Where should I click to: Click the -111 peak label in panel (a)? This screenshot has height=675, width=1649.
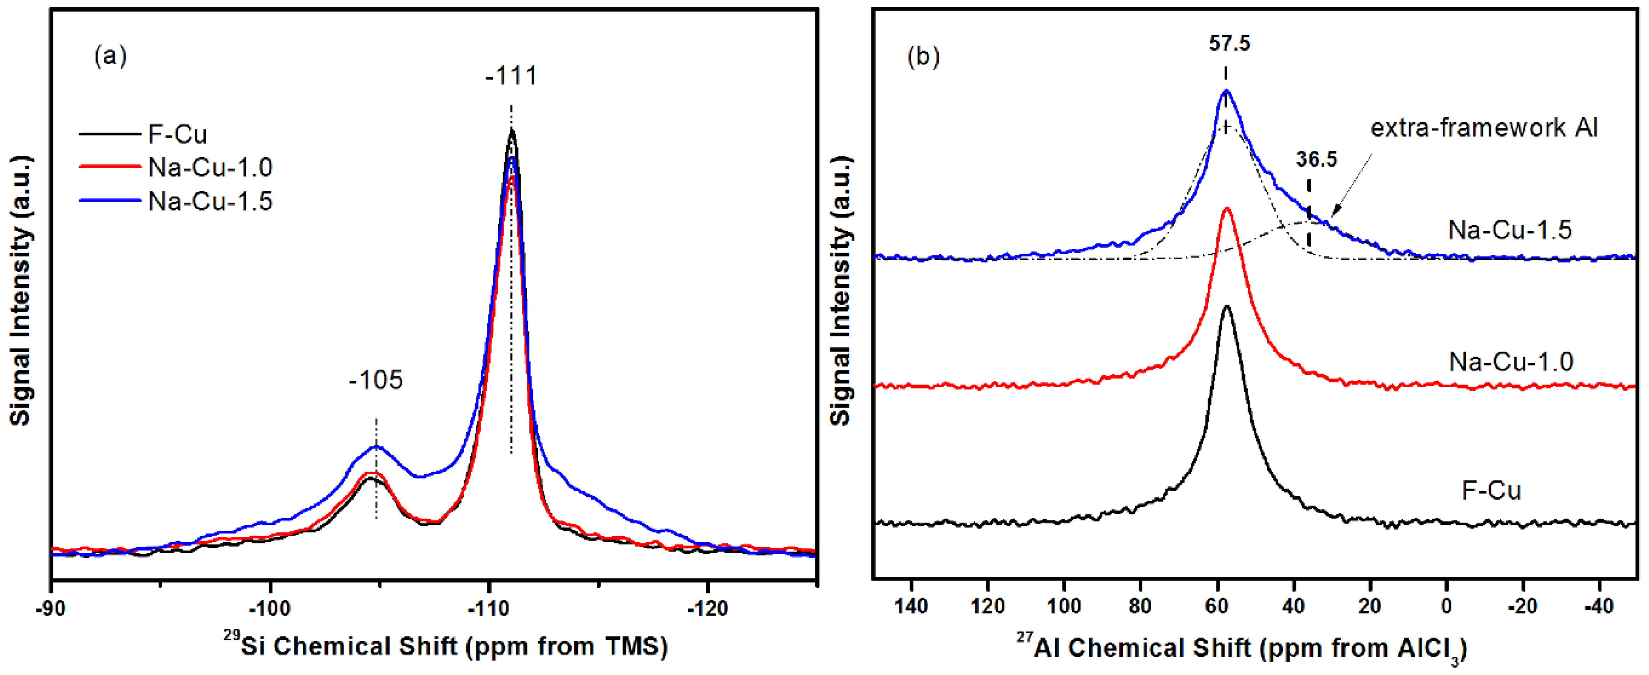point(511,76)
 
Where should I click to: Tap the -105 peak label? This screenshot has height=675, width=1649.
point(376,380)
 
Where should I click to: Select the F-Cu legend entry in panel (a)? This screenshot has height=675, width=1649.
point(177,135)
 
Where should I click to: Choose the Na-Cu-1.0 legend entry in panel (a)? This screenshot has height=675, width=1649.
point(210,167)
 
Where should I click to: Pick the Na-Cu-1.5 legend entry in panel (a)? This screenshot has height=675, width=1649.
point(210,202)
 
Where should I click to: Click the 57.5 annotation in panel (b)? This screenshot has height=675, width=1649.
point(1229,44)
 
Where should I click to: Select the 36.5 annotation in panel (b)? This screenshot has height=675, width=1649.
point(1316,159)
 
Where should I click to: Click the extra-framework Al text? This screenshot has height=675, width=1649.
point(1483,128)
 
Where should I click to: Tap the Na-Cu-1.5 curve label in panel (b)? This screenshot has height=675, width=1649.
point(1509,230)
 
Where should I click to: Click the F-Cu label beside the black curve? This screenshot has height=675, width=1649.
point(1491,491)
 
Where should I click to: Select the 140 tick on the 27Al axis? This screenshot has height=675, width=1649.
point(911,605)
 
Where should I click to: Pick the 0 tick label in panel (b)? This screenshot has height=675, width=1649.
point(1446,605)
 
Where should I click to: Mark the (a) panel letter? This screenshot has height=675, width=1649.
point(110,56)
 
